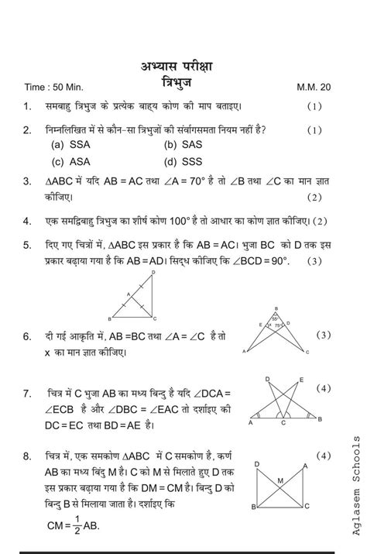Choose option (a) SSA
[70, 145]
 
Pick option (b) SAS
[181, 145]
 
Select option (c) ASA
[70, 162]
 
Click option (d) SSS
[181, 162]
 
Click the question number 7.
[27, 394]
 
